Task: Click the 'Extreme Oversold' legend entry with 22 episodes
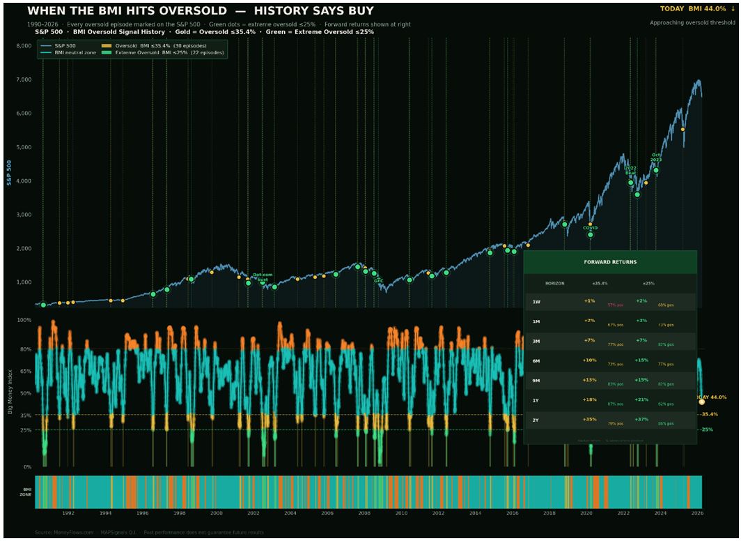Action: (x=164, y=52)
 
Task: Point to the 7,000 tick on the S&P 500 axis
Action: (x=23, y=79)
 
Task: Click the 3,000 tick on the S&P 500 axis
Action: (x=23, y=215)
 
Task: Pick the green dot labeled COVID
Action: (x=590, y=234)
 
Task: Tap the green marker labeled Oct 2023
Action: (x=655, y=170)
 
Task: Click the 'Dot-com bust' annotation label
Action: (x=263, y=277)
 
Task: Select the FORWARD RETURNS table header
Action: (x=609, y=262)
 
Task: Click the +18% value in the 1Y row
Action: (x=589, y=401)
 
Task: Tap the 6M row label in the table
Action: (x=536, y=360)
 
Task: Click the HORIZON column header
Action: (x=554, y=284)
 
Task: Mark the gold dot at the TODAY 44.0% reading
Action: (x=701, y=402)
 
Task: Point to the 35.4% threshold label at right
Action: (x=709, y=414)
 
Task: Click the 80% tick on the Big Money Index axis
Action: (x=25, y=349)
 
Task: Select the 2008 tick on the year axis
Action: (x=364, y=513)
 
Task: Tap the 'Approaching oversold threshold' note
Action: (x=692, y=23)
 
